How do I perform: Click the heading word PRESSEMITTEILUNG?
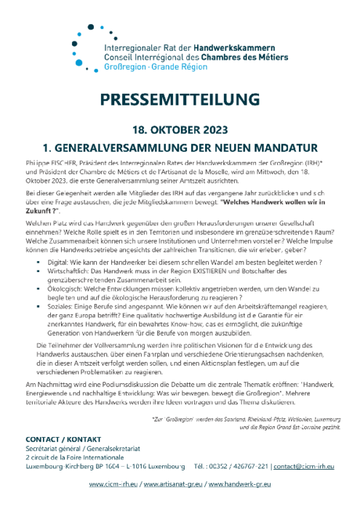coord(180,98)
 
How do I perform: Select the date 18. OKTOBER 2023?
coord(180,131)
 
